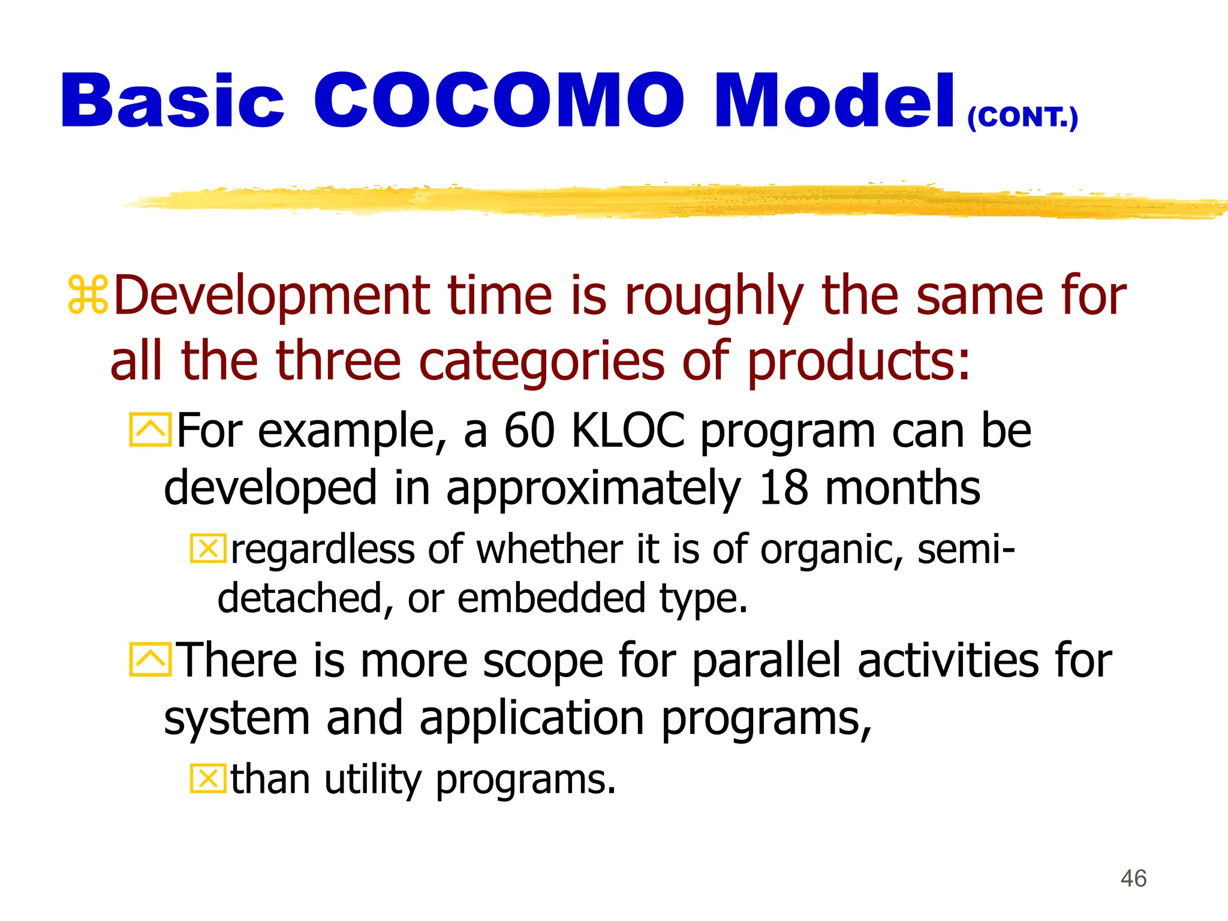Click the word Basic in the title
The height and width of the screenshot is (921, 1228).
click(x=172, y=101)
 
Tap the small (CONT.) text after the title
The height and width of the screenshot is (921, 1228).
click(x=1022, y=117)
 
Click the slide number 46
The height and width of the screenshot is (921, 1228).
click(x=1133, y=878)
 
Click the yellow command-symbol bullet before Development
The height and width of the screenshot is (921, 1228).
click(x=88, y=294)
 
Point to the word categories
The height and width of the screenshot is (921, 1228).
click(x=541, y=361)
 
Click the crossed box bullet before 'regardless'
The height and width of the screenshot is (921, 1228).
click(x=208, y=548)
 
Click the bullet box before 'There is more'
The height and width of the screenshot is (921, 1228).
click(x=151, y=659)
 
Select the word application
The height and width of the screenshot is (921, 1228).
click(x=531, y=719)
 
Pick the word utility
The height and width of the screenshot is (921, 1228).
click(x=374, y=780)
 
